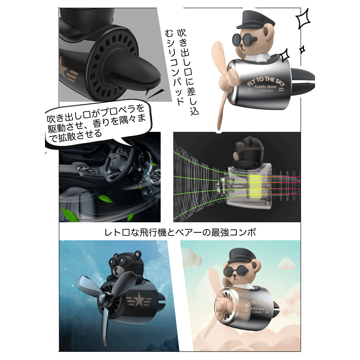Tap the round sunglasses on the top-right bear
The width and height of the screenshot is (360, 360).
click(x=245, y=40)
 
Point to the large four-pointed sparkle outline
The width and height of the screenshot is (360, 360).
click(x=303, y=19)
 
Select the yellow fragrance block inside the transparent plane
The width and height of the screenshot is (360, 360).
click(x=255, y=186)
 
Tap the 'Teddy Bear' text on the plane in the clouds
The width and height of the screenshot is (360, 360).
click(x=257, y=309)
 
